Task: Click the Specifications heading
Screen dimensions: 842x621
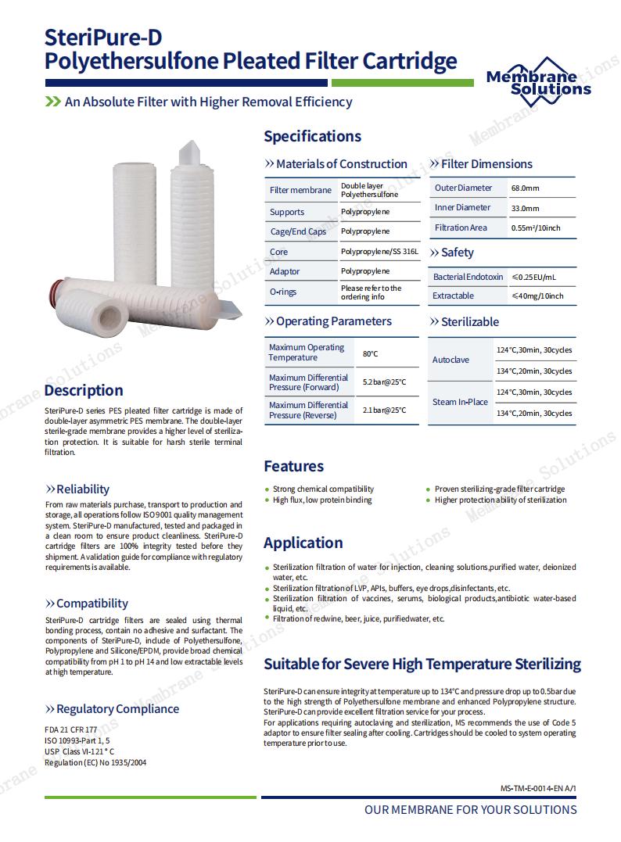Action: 312,136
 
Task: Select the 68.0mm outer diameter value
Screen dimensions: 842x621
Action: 525,188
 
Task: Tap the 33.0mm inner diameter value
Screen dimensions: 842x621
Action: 525,209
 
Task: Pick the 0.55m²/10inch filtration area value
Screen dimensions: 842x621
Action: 536,228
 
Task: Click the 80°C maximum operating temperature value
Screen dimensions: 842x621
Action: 370,353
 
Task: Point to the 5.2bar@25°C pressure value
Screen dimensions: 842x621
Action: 384,382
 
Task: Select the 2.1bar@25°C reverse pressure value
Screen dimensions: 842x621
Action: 384,410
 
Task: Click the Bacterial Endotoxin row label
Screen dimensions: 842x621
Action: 468,277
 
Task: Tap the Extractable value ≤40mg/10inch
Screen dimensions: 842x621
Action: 537,296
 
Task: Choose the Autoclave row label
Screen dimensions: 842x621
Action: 450,360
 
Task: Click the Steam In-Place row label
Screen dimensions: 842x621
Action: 460,402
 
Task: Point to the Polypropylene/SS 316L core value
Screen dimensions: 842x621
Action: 379,252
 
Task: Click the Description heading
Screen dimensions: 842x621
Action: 84,390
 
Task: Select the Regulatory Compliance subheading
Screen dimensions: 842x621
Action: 117,709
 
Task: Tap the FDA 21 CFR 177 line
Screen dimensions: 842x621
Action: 66,729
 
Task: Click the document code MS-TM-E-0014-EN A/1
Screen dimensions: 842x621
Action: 537,789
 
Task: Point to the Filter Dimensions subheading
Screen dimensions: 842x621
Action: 486,164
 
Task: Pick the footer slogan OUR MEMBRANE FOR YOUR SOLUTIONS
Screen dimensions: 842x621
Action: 470,810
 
